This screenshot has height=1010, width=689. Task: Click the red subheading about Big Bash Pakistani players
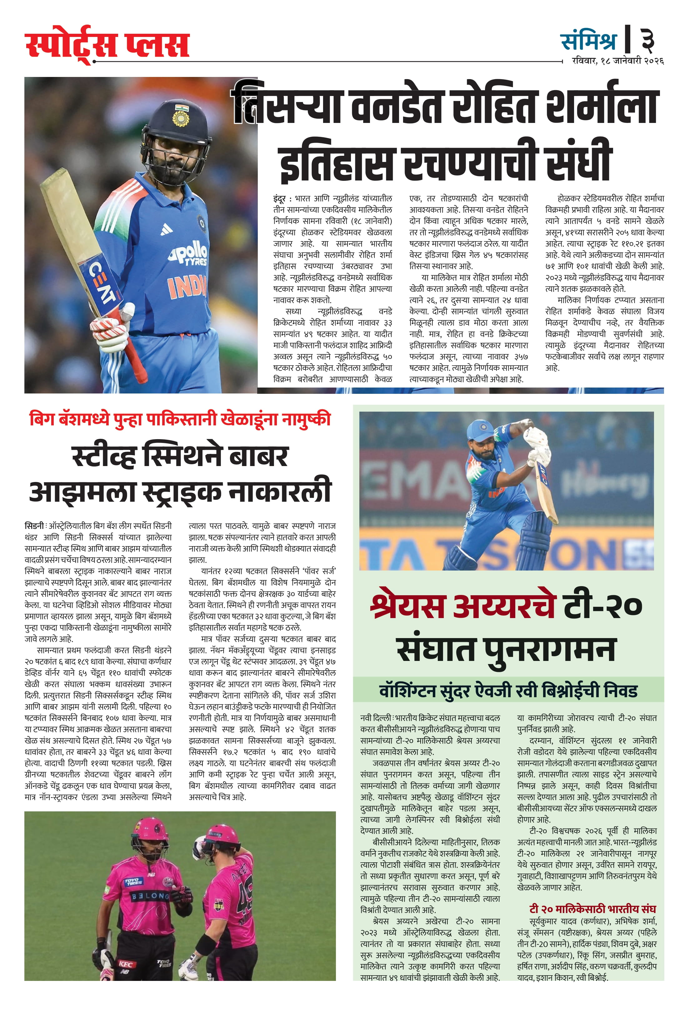[x=180, y=419]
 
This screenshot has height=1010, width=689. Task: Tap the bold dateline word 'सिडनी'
[x=34, y=526]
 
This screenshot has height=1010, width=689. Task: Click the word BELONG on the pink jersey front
[x=150, y=896]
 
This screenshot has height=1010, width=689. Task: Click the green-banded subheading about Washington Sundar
[x=508, y=691]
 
